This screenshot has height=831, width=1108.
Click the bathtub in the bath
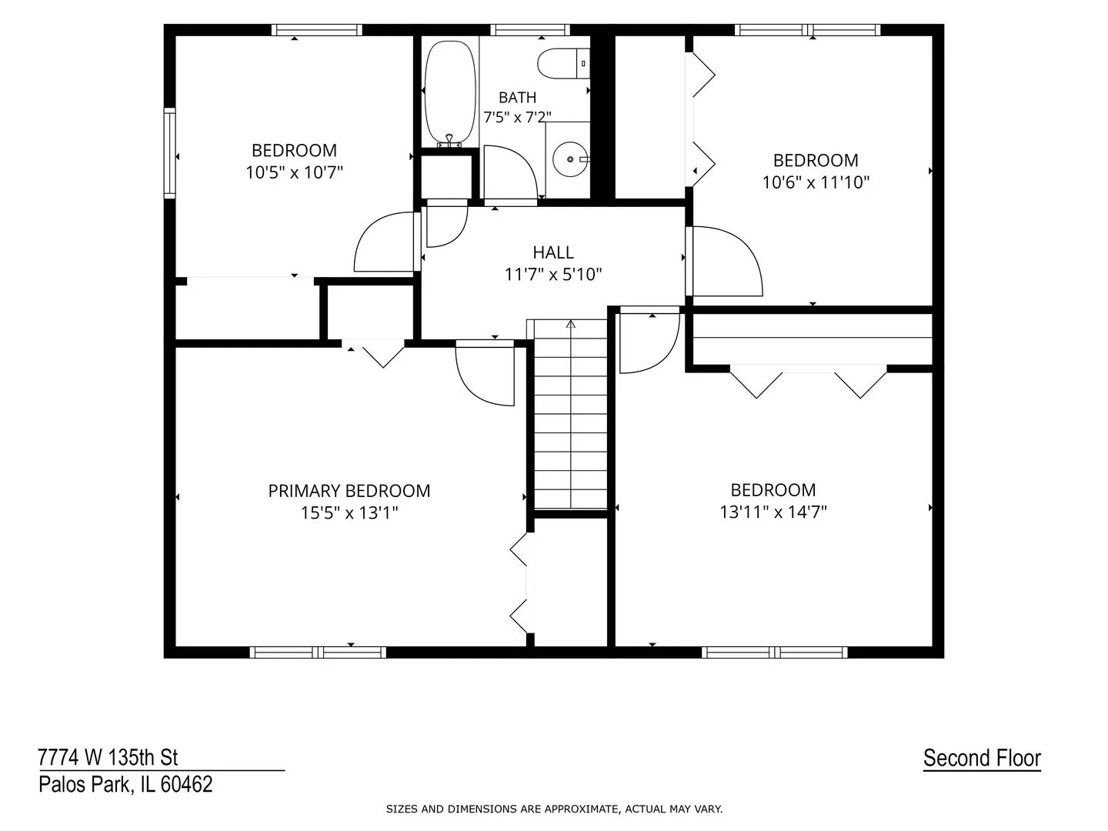coord(450,93)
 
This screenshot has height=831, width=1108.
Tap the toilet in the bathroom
coord(563,64)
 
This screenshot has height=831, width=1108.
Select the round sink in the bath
coord(571,159)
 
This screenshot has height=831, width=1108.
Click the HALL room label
coord(553,252)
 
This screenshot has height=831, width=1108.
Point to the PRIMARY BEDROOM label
coord(349,491)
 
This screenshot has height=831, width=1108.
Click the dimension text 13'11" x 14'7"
coord(773,512)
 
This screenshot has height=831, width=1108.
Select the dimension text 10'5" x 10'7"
coord(294,172)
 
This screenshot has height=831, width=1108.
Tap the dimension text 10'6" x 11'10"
coord(816,182)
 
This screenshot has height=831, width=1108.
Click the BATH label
coord(517,98)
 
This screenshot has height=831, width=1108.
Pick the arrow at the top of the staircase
coord(571,324)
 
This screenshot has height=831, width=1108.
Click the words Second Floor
coord(983,759)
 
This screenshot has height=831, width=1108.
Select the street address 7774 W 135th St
coord(108,757)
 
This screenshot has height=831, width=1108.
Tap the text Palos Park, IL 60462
coord(125,785)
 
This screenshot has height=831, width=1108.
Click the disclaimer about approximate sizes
coord(554,809)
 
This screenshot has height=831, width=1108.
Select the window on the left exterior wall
coord(169,152)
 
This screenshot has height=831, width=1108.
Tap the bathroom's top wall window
coord(530,30)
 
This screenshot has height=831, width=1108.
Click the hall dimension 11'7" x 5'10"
coord(553,275)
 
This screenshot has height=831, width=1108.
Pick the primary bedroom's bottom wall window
coord(318,652)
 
